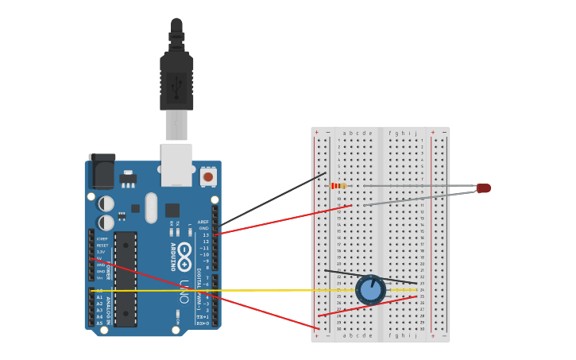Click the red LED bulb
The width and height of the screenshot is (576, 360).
(484, 188)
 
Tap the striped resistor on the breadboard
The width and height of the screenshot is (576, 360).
(338, 186)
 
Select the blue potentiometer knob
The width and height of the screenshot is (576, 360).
(370, 290)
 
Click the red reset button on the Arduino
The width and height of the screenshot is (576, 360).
(208, 176)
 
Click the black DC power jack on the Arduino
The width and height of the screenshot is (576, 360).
(101, 171)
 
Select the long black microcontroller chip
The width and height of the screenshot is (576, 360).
(126, 278)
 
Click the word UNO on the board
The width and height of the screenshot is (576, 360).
(184, 291)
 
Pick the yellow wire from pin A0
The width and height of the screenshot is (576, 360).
(238, 290)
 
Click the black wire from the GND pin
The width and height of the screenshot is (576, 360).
(270, 199)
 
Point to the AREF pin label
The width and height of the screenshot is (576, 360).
(203, 222)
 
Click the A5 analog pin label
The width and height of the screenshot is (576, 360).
(99, 323)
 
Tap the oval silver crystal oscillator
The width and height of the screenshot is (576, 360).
(151, 208)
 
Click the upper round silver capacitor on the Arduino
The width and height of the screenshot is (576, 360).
(106, 203)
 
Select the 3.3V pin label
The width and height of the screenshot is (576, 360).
(101, 252)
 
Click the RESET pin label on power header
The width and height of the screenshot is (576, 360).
(102, 246)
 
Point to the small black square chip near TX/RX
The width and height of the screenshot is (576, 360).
(172, 210)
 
